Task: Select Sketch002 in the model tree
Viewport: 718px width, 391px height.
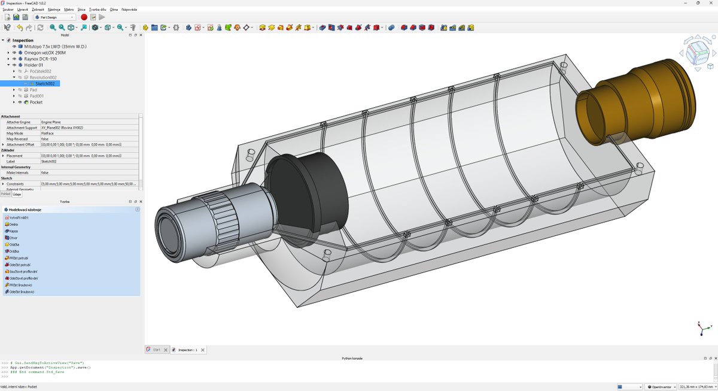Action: pos(45,84)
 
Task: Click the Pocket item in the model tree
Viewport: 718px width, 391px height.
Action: pos(36,102)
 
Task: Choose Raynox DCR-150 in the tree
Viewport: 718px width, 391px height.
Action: pos(40,59)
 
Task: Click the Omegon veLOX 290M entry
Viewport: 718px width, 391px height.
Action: pos(44,53)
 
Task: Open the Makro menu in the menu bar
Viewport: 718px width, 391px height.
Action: pos(69,10)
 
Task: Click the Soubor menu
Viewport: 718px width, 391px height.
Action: pos(8,10)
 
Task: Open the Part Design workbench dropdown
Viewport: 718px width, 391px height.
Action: pos(57,17)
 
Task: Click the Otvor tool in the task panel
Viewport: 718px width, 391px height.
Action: pos(13,238)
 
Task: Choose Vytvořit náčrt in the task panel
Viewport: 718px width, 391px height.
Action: pos(18,217)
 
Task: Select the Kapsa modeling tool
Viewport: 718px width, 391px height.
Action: pos(13,231)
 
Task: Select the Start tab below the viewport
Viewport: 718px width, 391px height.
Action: pos(156,350)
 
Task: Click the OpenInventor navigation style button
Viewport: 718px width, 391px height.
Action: pos(661,387)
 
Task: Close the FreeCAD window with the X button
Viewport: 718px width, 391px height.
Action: pos(711,3)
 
